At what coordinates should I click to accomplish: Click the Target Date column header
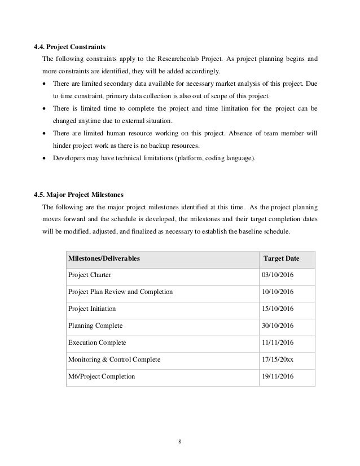tap(282, 258)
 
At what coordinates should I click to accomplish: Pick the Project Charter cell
tap(90, 275)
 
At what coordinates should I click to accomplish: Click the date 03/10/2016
tap(278, 275)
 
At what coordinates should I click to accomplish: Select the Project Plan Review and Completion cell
tap(120, 292)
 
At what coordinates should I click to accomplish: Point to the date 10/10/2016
tap(278, 292)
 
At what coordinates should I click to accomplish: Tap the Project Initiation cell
tap(92, 309)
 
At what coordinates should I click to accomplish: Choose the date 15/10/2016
tap(278, 309)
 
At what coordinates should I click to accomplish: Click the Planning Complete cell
tap(95, 326)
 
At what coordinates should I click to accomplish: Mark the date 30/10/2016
tap(278, 326)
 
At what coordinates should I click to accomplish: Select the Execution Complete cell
tap(97, 342)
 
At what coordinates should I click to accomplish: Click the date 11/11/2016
tap(278, 342)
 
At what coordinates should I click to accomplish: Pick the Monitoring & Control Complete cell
tap(114, 359)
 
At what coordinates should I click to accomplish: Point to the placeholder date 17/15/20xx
tap(278, 359)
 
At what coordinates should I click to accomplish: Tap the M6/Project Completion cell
tap(102, 376)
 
